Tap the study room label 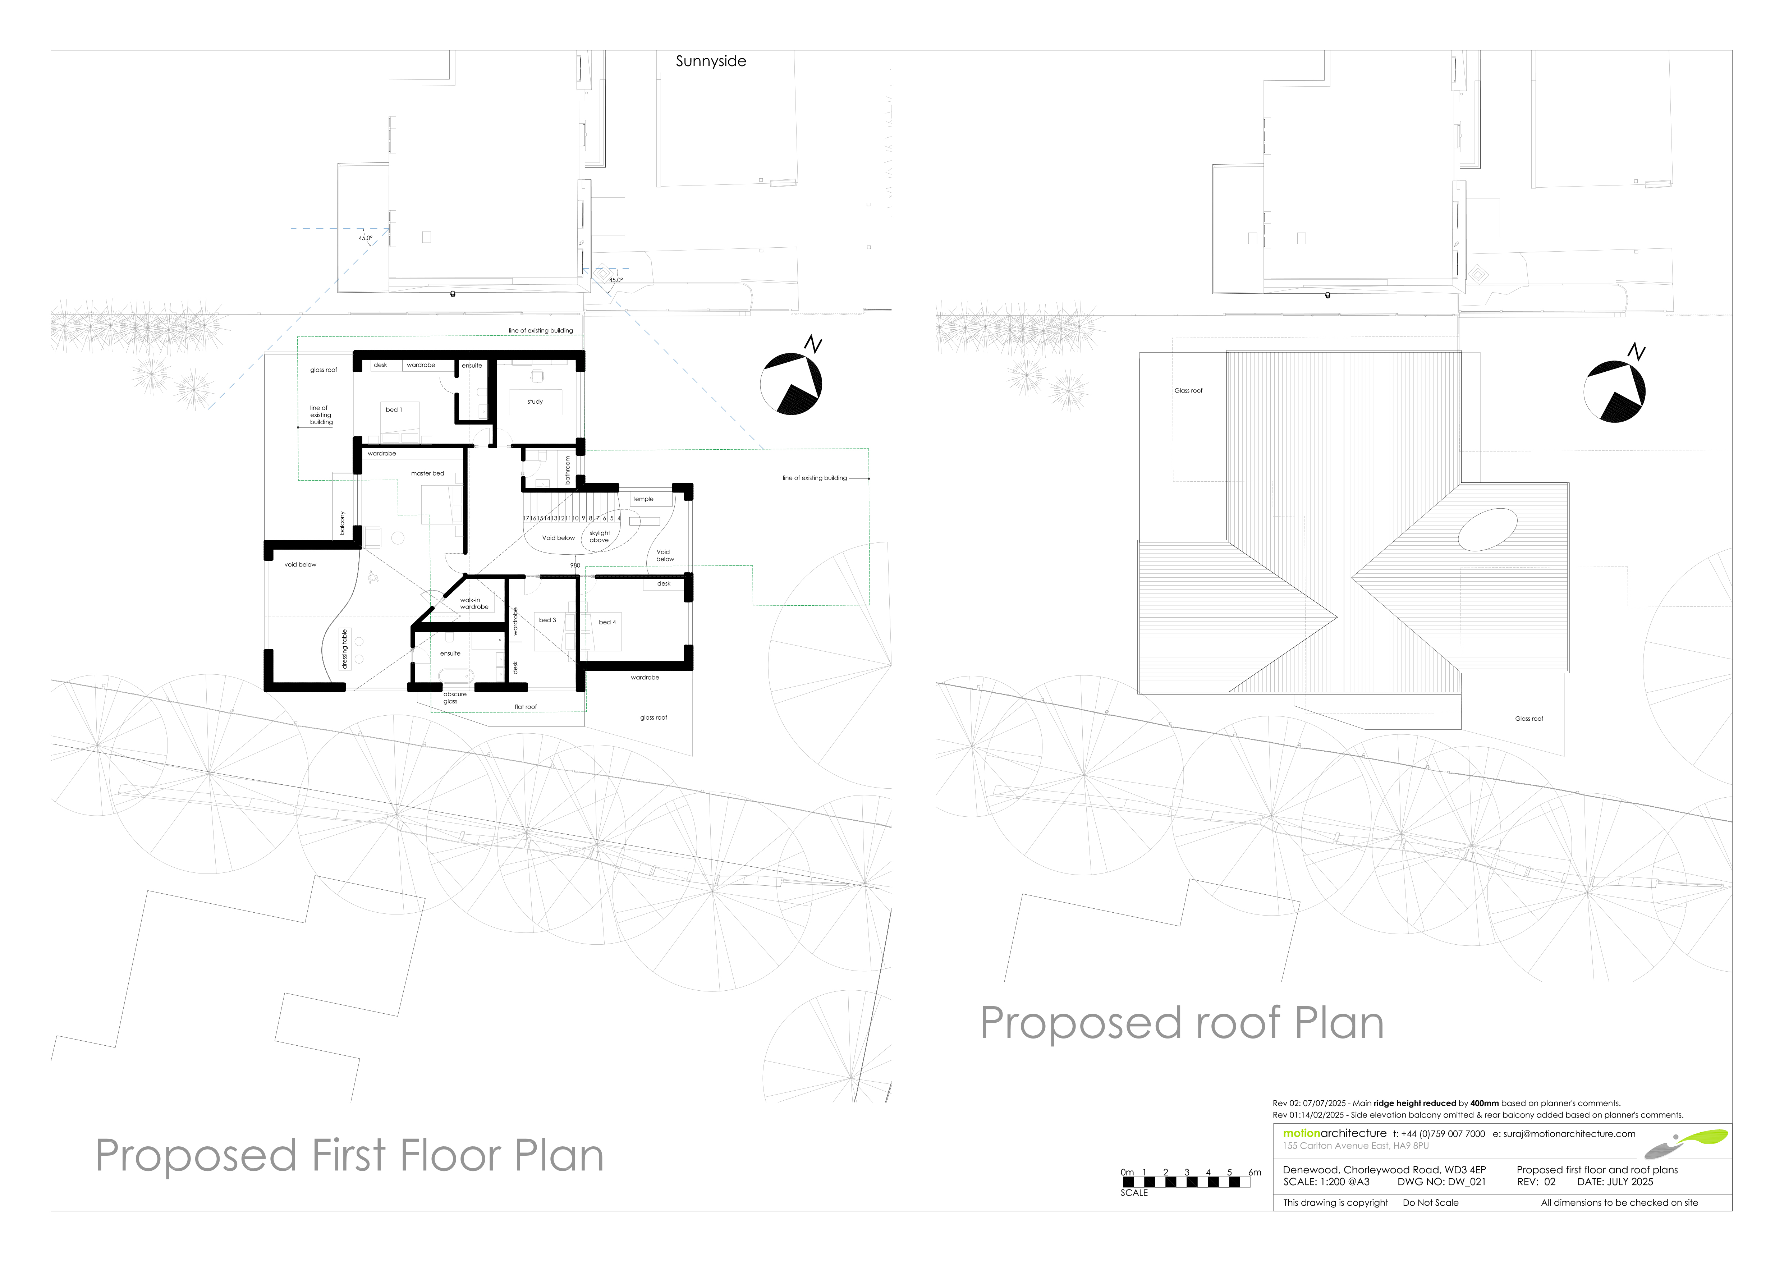(x=535, y=402)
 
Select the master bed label (x=427, y=473)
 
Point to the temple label (x=643, y=499)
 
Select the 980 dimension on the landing (x=575, y=566)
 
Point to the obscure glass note (x=455, y=698)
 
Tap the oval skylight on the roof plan (x=1487, y=529)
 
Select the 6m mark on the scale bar (x=1255, y=1173)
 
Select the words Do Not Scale (x=1430, y=1203)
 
